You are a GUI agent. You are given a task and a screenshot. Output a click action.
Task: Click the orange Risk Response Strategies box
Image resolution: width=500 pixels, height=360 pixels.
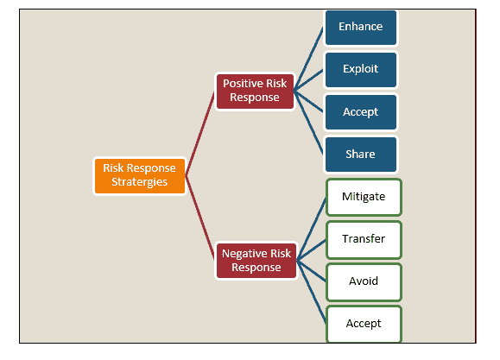click(140, 176)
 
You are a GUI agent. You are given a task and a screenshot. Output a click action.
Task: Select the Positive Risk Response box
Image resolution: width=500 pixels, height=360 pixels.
click(255, 92)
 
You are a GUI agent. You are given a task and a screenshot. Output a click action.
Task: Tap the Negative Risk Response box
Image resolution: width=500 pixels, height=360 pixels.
click(256, 261)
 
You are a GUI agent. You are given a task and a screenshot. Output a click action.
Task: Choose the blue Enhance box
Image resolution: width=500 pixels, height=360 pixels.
click(361, 28)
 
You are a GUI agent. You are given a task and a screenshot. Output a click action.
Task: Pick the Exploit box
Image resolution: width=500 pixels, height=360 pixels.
click(361, 70)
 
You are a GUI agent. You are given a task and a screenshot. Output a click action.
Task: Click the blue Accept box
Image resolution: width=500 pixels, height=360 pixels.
click(361, 112)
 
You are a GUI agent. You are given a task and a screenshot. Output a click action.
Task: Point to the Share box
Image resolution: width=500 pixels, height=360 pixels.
click(361, 155)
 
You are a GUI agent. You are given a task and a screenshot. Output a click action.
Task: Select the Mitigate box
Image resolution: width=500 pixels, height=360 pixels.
click(364, 197)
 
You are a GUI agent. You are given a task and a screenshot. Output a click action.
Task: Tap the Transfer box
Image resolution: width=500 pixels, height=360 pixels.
click(364, 239)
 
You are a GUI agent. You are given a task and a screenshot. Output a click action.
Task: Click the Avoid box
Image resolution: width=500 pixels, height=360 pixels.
click(364, 282)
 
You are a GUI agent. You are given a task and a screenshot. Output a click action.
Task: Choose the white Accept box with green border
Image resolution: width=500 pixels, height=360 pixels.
click(364, 324)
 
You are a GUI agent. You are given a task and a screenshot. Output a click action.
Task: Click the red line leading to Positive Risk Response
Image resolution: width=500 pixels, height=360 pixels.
click(200, 133)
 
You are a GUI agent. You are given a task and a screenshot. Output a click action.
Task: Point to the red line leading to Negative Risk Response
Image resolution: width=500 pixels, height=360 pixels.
click(200, 218)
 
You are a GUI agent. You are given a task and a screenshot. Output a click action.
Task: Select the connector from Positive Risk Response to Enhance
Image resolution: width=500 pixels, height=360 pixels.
click(308, 60)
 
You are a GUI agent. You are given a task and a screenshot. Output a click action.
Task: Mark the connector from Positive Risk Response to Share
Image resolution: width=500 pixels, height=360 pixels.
click(308, 123)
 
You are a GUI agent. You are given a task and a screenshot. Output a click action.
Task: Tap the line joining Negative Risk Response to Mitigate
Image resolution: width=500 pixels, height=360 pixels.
click(312, 229)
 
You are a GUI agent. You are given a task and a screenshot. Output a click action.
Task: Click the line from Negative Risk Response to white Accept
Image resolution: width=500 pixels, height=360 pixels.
click(312, 292)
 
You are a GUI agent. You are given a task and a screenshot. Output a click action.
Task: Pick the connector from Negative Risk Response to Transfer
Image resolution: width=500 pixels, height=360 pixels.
click(312, 250)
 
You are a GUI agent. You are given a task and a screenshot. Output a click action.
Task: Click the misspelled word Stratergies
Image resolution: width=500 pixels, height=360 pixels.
click(139, 182)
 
